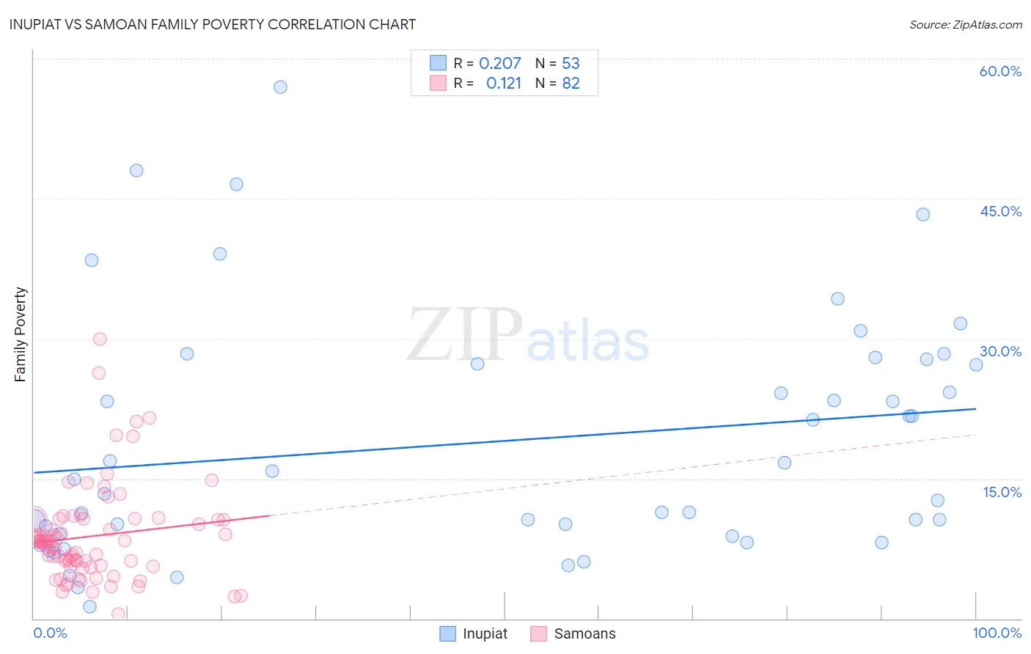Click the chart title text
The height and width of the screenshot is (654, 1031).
pyautogui.click(x=213, y=24)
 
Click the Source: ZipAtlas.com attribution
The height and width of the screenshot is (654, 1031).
pyautogui.click(x=965, y=24)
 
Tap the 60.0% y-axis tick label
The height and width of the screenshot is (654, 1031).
pyautogui.click(x=1000, y=71)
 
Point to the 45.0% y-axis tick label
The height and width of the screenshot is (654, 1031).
pyautogui.click(x=1000, y=211)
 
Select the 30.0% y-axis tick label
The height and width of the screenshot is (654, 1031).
pyautogui.click(x=1000, y=351)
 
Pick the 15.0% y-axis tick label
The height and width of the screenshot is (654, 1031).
pyautogui.click(x=1002, y=492)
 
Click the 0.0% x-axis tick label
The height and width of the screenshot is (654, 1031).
pyautogui.click(x=50, y=633)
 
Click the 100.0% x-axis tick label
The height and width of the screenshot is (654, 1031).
pyautogui.click(x=997, y=633)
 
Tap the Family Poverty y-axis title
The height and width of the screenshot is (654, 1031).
pyautogui.click(x=21, y=334)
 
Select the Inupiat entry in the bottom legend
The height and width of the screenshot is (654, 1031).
pyautogui.click(x=474, y=633)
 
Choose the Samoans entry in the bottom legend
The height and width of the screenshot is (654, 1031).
pyautogui.click(x=573, y=633)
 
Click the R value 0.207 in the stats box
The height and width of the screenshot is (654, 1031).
pyautogui.click(x=499, y=64)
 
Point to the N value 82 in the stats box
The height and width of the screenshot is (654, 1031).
pyautogui.click(x=570, y=84)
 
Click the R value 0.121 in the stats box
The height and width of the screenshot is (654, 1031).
pyautogui.click(x=503, y=84)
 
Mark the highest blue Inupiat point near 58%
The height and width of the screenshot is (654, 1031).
pyautogui.click(x=280, y=87)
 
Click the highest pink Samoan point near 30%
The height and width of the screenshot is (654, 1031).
pyautogui.click(x=100, y=339)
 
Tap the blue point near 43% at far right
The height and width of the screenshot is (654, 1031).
pyautogui.click(x=922, y=214)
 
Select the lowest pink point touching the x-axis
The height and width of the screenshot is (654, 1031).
pyautogui.click(x=118, y=614)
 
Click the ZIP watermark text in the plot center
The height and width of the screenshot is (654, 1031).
pyautogui.click(x=464, y=335)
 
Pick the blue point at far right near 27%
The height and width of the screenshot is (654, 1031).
pyautogui.click(x=975, y=364)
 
